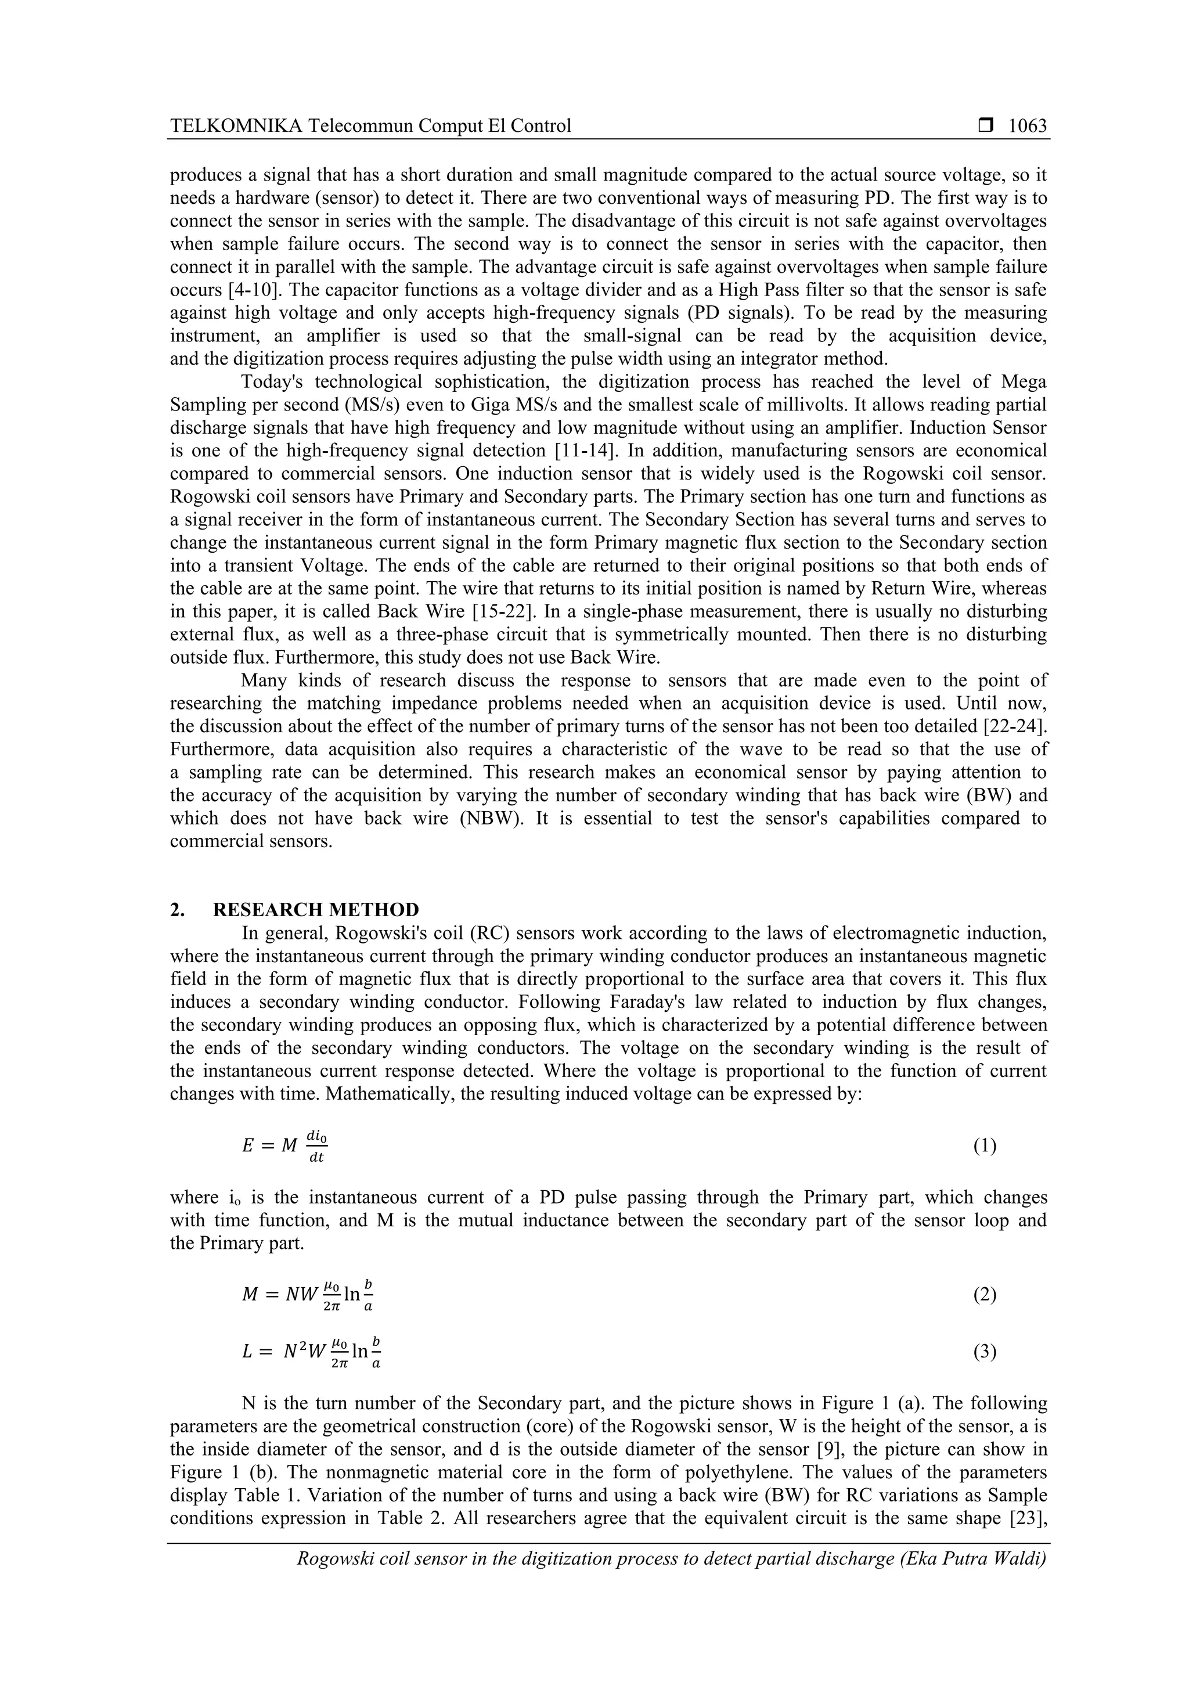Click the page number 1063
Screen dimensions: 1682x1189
click(1027, 126)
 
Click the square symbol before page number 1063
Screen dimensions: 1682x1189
click(985, 126)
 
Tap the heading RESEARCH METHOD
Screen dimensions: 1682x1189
click(316, 910)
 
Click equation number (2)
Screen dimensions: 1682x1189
click(985, 1295)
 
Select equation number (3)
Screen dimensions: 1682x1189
click(985, 1352)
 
